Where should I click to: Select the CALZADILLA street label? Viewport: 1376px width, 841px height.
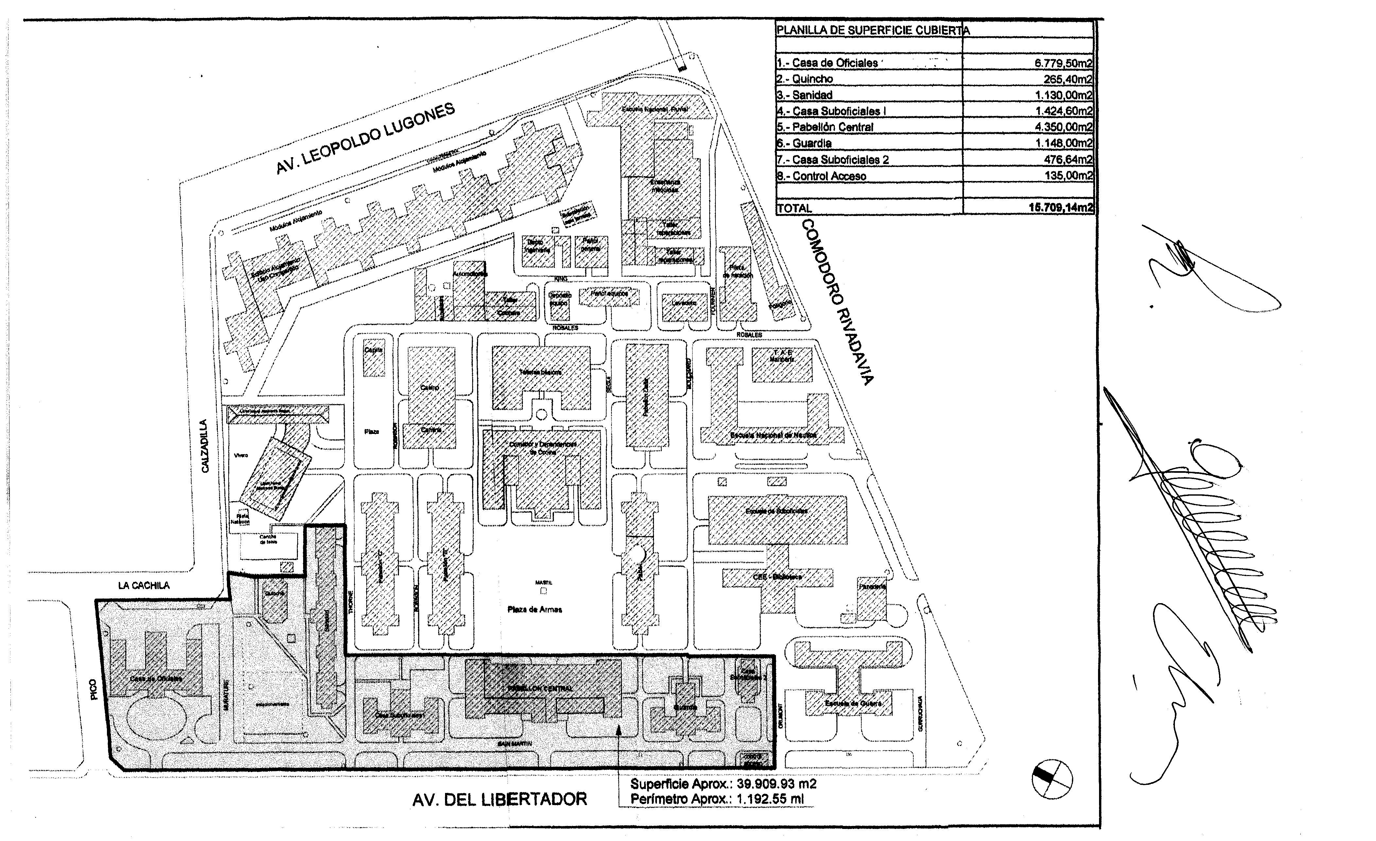205,446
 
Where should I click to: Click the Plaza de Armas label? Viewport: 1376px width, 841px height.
534,609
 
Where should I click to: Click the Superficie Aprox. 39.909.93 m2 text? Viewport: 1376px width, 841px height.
723,783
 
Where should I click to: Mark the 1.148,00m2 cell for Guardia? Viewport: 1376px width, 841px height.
1063,143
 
